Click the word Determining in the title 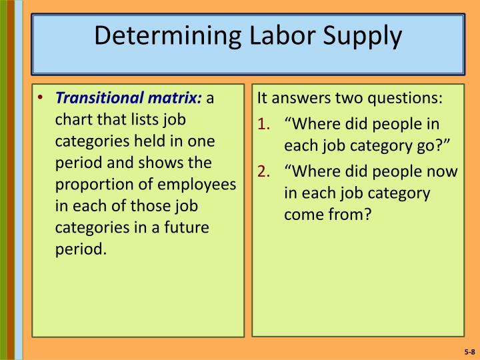[160, 35]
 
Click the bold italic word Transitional [99, 99]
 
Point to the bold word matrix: [175, 99]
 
